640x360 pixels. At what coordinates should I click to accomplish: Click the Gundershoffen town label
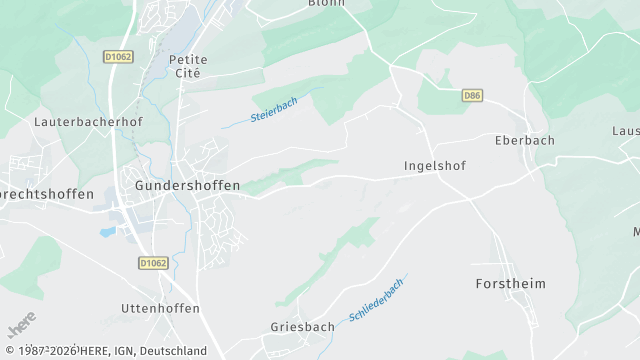[187, 186]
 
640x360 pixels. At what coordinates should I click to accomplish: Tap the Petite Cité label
[188, 66]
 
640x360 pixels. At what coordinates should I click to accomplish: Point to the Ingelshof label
[435, 165]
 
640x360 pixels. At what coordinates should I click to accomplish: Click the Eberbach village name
[524, 140]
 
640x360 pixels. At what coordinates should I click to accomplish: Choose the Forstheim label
[510, 284]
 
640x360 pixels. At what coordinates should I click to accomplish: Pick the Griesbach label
[301, 327]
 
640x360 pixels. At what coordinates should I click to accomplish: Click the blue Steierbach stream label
[275, 109]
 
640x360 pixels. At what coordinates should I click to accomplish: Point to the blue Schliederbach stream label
[377, 300]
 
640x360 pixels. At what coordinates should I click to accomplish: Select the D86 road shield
[473, 95]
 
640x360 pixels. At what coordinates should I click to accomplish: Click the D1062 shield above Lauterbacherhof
[118, 57]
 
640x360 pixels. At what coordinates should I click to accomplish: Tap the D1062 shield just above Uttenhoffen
[151, 262]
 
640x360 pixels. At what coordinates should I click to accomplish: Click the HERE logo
[21, 326]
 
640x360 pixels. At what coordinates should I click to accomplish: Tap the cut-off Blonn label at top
[326, 3]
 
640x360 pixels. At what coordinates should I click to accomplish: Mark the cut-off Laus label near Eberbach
[626, 131]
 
